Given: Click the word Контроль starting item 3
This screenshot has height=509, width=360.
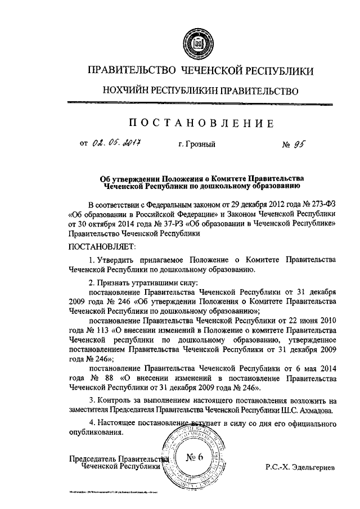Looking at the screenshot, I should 115,400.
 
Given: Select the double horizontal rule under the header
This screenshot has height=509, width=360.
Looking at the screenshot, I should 200,103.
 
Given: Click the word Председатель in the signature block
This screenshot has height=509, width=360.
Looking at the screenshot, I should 91,459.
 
